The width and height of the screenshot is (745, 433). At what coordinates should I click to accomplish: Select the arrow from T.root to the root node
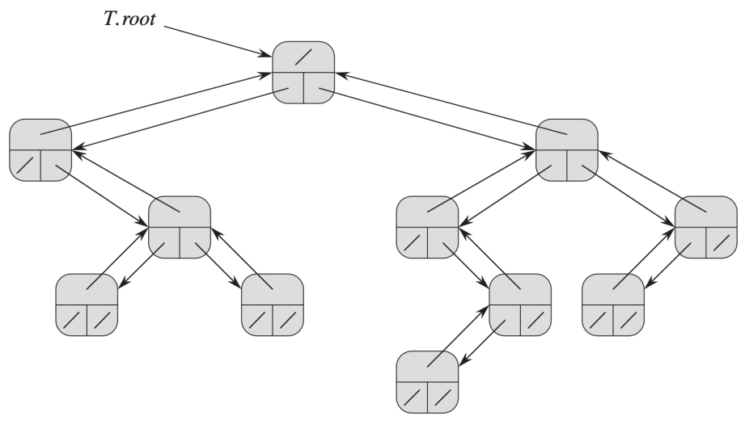pos(218,39)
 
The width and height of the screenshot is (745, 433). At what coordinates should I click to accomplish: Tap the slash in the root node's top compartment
pos(303,56)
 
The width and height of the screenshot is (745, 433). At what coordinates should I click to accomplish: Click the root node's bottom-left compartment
pos(288,90)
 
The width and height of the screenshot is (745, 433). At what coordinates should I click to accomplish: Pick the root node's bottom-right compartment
pos(319,90)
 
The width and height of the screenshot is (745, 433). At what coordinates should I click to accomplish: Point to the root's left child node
pos(40,150)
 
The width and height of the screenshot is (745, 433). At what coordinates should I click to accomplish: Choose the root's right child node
pos(566,150)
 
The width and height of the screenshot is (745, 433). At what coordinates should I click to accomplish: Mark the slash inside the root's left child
pos(26,168)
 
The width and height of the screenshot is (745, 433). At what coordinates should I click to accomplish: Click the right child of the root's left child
pos(180,227)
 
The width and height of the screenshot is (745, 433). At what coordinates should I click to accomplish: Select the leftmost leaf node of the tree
pos(87,305)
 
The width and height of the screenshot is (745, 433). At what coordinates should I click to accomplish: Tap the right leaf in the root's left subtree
pos(273,305)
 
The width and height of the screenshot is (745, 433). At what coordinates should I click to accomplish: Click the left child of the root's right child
pos(427,227)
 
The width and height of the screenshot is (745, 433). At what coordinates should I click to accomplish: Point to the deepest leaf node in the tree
pos(427,381)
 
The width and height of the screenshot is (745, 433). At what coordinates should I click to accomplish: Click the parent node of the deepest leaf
pos(520,305)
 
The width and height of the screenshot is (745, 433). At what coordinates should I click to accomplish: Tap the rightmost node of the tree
pos(705,227)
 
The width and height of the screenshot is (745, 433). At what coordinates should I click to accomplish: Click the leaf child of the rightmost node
pos(613,305)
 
